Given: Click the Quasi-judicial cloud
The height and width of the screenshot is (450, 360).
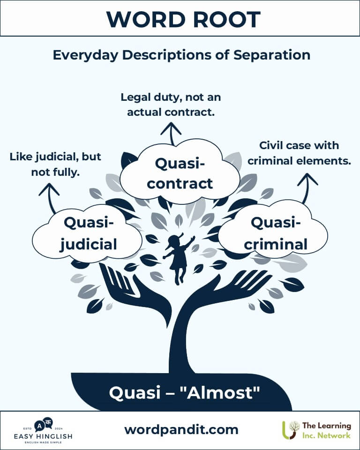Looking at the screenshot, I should point(89,233).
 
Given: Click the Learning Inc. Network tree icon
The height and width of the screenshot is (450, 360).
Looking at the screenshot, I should point(290,430).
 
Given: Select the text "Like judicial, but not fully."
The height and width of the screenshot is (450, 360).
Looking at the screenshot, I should point(55,164).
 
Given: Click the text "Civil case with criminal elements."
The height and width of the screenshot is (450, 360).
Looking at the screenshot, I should point(300,153).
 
